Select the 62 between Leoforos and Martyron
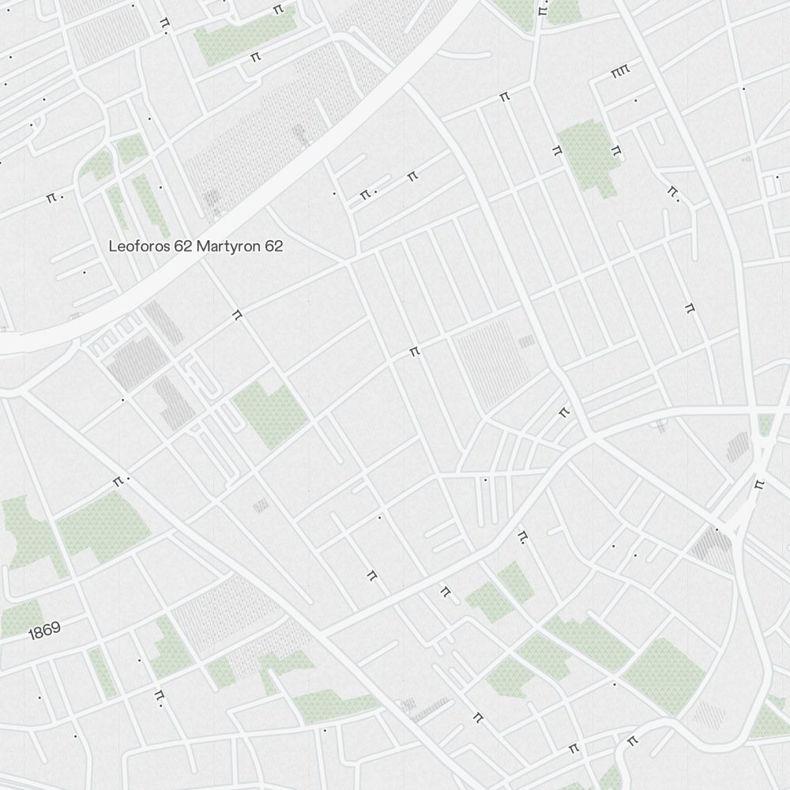tap(183, 246)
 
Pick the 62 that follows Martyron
tap(274, 246)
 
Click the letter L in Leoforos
tap(112, 246)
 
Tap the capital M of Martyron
tap(202, 246)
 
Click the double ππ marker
tap(619, 73)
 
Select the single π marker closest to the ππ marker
tap(616, 149)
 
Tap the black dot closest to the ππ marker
tap(636, 100)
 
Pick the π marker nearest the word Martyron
tap(236, 314)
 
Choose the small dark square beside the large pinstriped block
tap(527, 341)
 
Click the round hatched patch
tap(709, 716)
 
